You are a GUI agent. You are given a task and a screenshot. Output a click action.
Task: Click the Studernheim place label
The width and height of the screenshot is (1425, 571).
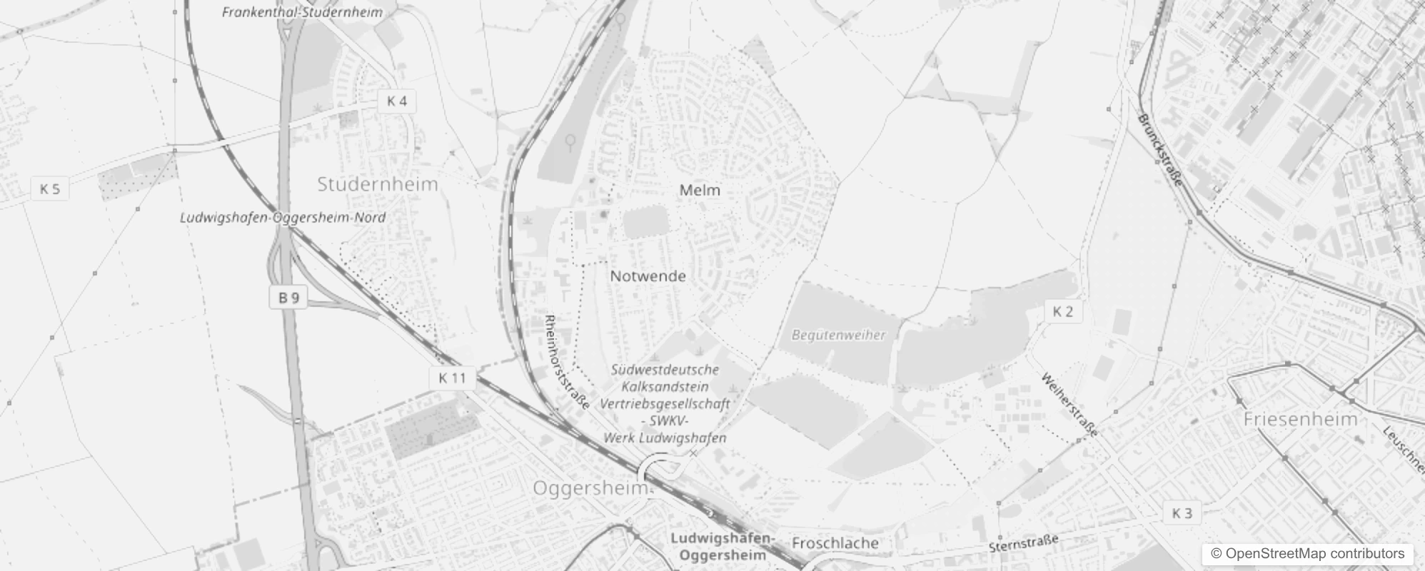[x=378, y=184]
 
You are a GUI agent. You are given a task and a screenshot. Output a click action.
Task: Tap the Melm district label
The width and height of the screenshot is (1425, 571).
[x=700, y=191]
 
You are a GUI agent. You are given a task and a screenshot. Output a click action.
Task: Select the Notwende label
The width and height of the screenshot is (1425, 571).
[x=648, y=276]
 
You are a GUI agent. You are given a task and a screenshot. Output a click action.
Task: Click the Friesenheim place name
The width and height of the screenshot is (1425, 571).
[x=1300, y=419]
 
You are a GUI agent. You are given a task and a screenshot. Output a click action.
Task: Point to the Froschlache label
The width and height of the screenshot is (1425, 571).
[x=835, y=543]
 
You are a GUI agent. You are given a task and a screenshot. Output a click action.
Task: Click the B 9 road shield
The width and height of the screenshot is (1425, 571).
[x=288, y=298]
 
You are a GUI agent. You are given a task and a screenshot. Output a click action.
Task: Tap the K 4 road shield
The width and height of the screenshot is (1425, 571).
[x=397, y=101]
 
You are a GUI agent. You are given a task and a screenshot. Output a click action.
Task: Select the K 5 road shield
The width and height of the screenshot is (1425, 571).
[x=50, y=189]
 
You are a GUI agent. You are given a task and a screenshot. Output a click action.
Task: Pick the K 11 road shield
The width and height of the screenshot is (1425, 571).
[x=452, y=378]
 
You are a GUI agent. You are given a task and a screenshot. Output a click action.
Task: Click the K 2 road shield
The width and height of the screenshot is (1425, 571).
[x=1063, y=311]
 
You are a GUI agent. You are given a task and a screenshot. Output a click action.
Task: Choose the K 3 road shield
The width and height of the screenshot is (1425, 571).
[x=1182, y=513]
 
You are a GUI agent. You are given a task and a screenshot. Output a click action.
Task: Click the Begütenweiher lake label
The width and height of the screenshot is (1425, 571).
[x=838, y=335]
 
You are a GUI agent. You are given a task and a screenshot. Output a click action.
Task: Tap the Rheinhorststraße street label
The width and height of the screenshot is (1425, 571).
[x=567, y=363]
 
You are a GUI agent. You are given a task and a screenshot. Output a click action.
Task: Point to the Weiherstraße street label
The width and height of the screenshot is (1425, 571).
[x=1069, y=405]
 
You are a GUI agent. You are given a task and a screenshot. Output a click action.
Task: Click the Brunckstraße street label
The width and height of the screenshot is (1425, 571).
[x=1160, y=150]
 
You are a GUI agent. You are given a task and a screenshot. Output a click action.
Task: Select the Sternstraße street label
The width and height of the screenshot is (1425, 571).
[x=1023, y=543]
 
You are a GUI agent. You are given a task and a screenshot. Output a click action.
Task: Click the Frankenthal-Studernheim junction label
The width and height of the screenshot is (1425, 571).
[x=302, y=12]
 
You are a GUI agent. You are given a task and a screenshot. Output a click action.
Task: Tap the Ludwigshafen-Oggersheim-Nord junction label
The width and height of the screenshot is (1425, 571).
[x=283, y=218]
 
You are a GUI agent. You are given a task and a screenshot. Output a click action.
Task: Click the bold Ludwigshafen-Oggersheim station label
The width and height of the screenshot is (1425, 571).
[x=722, y=546]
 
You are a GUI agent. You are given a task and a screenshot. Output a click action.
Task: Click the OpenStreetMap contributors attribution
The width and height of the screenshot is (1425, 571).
[x=1307, y=554]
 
